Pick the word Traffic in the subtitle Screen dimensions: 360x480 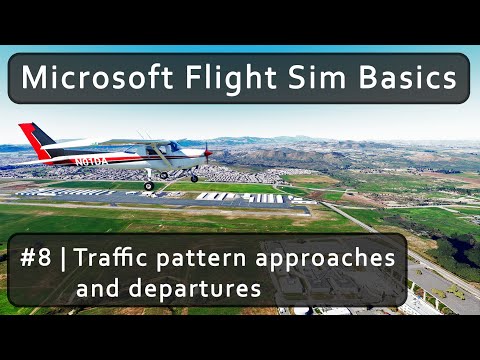(108, 259)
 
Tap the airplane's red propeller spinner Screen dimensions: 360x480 (207, 153)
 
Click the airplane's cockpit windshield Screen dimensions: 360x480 (170, 147)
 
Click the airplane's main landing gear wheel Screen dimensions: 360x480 (148, 186)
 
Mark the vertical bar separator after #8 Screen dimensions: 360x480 (65, 259)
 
